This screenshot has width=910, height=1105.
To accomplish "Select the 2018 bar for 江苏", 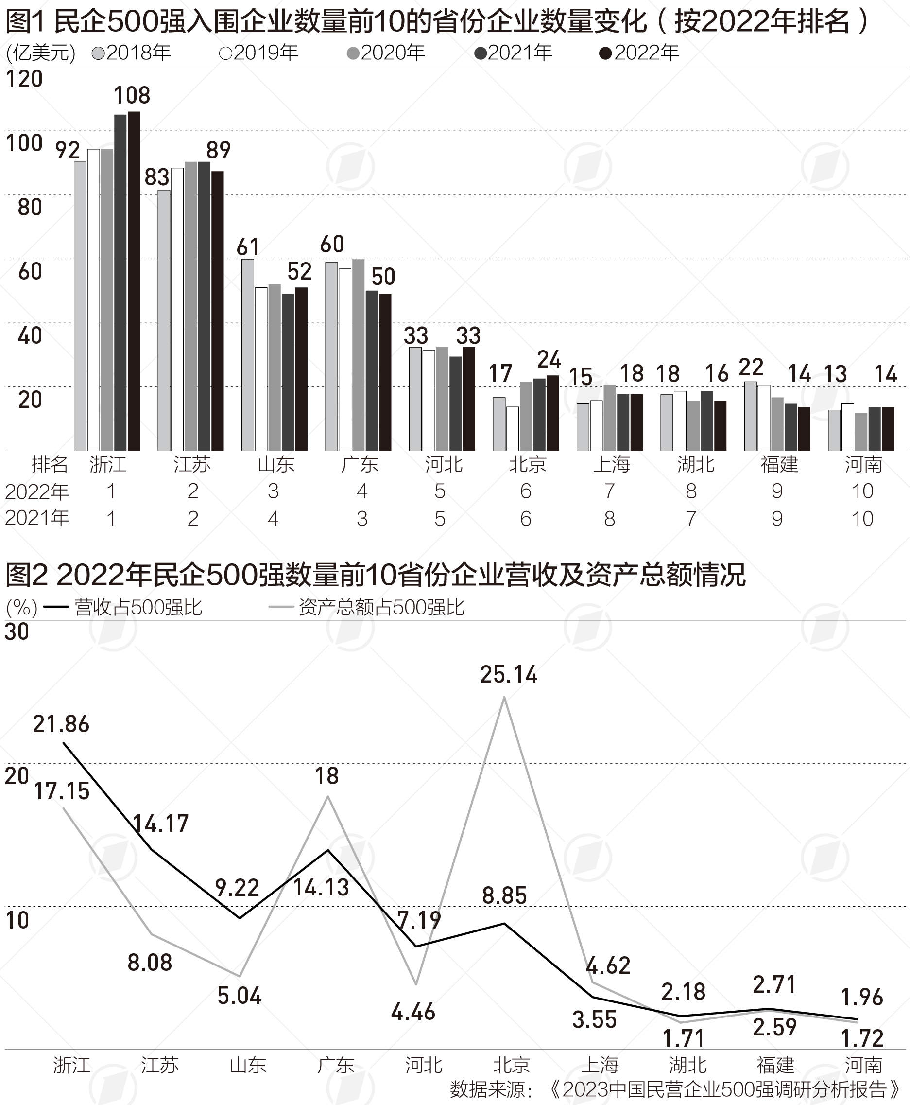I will [164, 320].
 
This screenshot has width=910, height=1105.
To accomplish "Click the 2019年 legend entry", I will [259, 53].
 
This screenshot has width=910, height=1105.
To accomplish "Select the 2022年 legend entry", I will [639, 53].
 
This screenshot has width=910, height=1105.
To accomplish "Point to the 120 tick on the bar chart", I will [24, 79].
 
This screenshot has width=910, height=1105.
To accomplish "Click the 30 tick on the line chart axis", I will [17, 631].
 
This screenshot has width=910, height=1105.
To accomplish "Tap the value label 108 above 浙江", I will [132, 95].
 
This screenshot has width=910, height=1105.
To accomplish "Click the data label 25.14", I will [509, 674].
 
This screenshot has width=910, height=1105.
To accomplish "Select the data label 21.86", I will [61, 724].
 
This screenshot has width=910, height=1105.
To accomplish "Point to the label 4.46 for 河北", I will [413, 1012].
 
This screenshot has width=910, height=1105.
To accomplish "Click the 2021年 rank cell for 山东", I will [273, 519].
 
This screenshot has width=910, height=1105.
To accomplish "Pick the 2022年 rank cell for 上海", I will [609, 491].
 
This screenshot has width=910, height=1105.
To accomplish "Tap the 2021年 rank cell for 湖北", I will [691, 519].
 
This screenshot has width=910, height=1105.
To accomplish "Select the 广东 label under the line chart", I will [336, 1065].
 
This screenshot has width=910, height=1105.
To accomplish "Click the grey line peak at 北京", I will [504, 697].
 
